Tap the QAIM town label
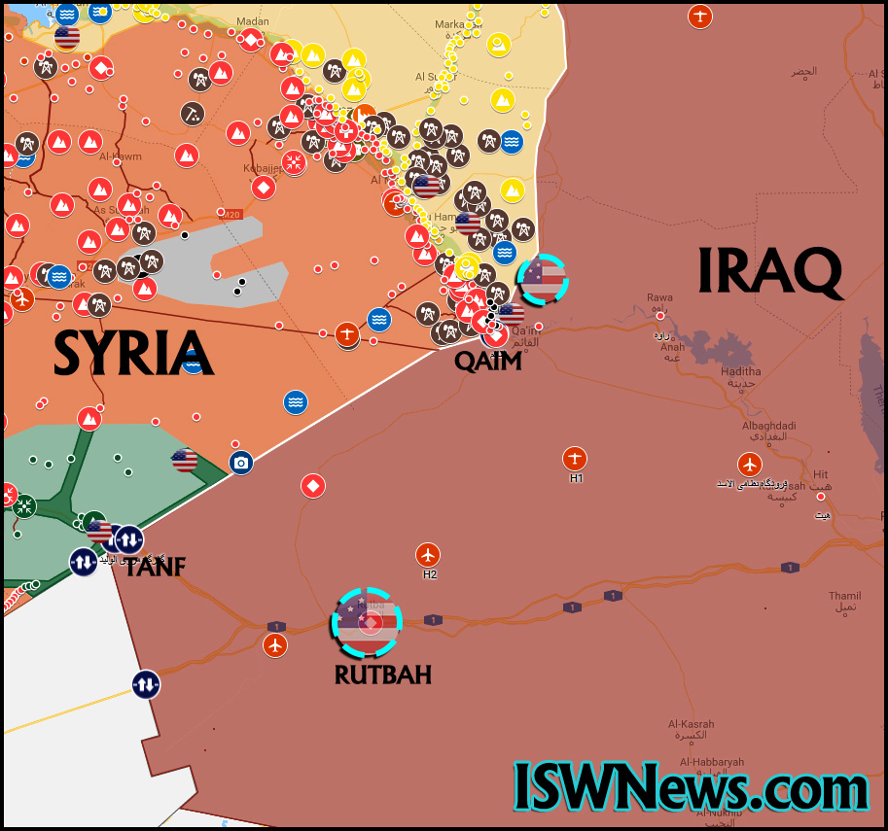488,361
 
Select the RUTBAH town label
382,674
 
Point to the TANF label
155,567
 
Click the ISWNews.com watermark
692,786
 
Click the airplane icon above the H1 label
575,458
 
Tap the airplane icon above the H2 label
428,555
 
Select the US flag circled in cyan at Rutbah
366,623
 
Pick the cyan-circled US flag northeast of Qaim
542,279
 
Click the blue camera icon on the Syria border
241,463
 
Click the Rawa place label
659,297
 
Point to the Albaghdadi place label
768,426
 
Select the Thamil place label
844,596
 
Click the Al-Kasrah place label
691,724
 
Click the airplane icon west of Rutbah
276,644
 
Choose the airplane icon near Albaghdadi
748,464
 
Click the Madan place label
252,22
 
